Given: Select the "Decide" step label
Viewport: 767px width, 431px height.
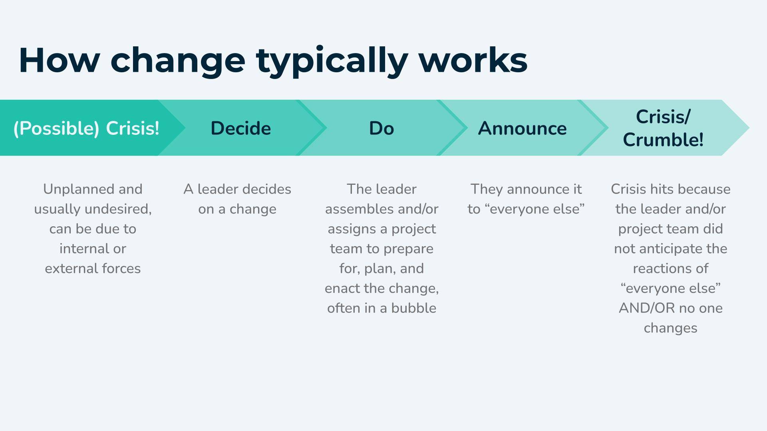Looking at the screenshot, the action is pos(241,128).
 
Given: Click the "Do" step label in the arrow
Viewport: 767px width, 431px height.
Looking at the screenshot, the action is pos(382,128).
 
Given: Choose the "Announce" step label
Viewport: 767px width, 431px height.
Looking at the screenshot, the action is pos(523,128).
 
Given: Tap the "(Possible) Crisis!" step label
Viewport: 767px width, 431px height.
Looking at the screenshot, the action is pos(86,129).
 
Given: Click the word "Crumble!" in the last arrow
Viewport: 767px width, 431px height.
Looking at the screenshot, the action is pos(663,140).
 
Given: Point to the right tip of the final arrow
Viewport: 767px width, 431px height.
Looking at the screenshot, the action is pos(749,128).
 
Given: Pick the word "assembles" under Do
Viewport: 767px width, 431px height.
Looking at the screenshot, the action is pos(352,209).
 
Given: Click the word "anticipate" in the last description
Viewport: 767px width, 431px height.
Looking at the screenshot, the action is pos(671,249).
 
